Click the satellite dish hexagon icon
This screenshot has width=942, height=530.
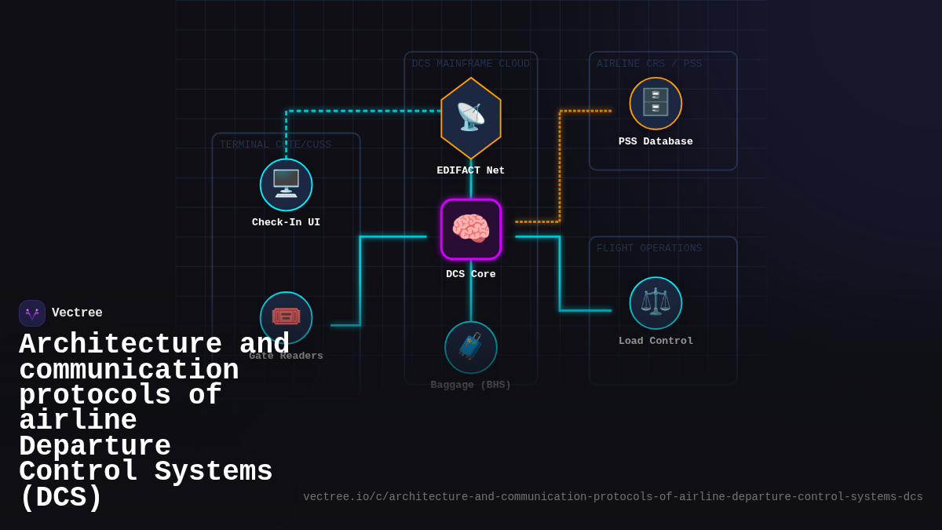pos(471,118)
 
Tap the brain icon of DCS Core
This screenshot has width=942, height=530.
pos(471,229)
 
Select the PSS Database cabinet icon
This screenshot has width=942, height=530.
pos(655,103)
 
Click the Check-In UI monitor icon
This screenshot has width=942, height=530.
pos(286,185)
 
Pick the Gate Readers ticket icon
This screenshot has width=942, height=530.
pos(286,317)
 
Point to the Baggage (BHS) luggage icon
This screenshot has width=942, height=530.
pos(471,347)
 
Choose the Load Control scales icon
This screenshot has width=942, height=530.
pos(655,302)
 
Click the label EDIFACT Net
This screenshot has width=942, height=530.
pos(471,170)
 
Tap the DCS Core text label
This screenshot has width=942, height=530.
pos(471,274)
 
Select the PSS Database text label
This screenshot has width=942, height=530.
pos(655,142)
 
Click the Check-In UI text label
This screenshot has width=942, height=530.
pos(286,222)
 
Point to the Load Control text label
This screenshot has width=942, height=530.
pos(655,341)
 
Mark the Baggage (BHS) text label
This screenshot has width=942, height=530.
pos(471,385)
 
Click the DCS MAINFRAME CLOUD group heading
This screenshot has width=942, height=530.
pos(471,64)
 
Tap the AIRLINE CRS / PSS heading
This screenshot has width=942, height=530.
pos(649,64)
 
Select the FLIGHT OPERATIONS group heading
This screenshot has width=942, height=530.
pos(649,248)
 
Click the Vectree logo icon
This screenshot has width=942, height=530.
pos(32,313)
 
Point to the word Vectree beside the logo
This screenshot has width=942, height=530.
pos(77,313)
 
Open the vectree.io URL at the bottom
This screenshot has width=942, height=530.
pos(613,497)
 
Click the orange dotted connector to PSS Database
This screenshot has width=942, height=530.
pos(560,165)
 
